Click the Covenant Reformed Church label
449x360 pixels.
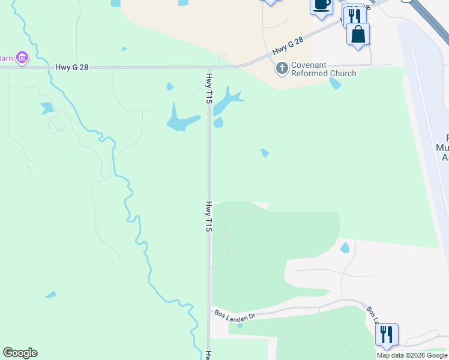[x=324, y=69]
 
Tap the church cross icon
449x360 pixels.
[x=282, y=68]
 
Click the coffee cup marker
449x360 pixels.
[x=321, y=5]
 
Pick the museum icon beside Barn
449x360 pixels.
[x=22, y=58]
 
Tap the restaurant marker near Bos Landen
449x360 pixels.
[x=387, y=335]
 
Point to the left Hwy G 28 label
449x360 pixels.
[x=71, y=68]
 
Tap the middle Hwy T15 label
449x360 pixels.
[x=209, y=217]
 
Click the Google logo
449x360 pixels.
[x=20, y=353]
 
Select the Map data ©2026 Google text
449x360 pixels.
[x=412, y=355]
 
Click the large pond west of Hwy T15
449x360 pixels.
[x=179, y=121]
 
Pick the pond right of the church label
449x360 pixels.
[x=335, y=83]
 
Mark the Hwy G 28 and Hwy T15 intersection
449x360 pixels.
[x=209, y=67]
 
